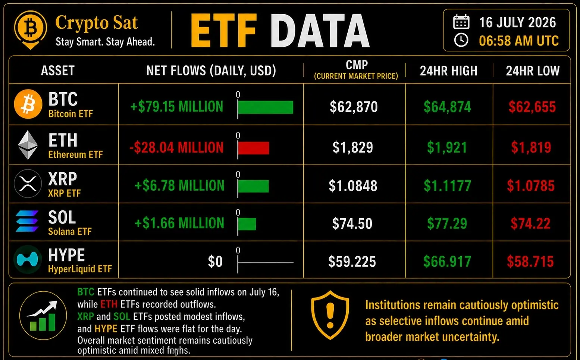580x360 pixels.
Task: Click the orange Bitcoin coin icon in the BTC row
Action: point(28,104)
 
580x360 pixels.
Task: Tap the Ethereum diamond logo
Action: point(28,145)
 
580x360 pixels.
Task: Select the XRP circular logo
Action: point(28,184)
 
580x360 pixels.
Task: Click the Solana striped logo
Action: point(27,221)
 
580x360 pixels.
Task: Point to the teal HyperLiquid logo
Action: point(27,260)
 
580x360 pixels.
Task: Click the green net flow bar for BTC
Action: point(266,107)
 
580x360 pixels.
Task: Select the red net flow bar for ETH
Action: point(254,148)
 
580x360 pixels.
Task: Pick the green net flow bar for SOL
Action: point(247,224)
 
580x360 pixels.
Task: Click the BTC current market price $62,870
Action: point(354,107)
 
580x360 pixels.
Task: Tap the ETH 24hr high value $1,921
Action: point(447,147)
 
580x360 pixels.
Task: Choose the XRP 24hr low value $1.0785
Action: point(531,186)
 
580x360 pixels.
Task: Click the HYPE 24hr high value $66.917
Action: point(447,261)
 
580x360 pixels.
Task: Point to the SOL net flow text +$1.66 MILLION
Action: point(179,223)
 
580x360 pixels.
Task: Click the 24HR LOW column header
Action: point(533,71)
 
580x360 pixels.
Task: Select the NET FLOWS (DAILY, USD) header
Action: point(211,71)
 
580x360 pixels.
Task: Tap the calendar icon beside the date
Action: point(461,22)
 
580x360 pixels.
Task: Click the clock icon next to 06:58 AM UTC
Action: point(461,40)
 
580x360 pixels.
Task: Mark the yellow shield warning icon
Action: point(330,315)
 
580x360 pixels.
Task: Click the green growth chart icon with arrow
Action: point(43,316)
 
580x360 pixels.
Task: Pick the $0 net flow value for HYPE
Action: point(215,261)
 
